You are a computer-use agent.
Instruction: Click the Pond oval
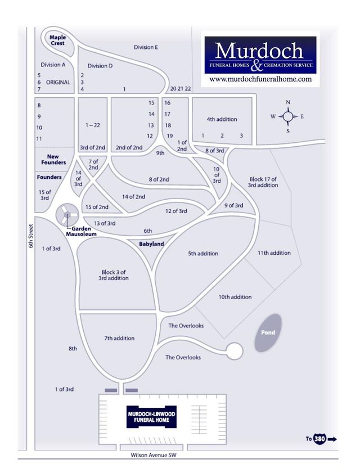(268, 333)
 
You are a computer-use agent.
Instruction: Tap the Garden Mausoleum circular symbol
(67, 214)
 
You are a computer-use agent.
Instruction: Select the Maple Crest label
(57, 40)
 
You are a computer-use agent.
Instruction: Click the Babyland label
(151, 244)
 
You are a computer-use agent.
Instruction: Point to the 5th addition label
(203, 254)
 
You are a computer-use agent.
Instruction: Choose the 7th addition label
(119, 338)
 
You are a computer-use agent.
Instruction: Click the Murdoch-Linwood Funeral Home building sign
(151, 417)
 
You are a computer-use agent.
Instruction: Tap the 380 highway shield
(319, 438)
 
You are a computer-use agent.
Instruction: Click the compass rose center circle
(288, 116)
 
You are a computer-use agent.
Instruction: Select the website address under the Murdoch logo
(260, 79)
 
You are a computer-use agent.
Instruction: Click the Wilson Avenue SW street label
(154, 455)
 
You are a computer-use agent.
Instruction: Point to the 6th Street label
(31, 236)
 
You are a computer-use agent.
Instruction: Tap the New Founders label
(53, 159)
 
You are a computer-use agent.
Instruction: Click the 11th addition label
(274, 253)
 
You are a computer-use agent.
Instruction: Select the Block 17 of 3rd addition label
(263, 182)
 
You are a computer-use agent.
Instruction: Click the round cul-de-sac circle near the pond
(235, 351)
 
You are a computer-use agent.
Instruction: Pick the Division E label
(146, 47)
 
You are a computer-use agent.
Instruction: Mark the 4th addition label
(222, 119)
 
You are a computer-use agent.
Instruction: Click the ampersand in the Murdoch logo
(256, 66)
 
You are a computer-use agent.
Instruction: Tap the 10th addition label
(235, 297)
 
